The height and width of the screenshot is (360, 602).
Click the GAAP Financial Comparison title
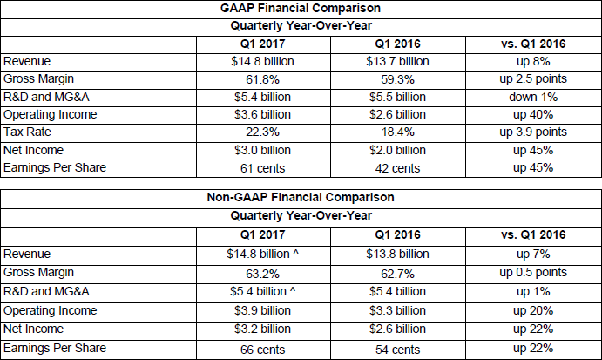(x=301, y=8)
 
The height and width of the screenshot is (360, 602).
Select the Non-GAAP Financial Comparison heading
(x=301, y=197)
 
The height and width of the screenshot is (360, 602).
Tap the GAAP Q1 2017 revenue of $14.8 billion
(x=262, y=62)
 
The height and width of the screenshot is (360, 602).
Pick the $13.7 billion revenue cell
(x=397, y=62)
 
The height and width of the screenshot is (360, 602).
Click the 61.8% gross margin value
(x=262, y=79)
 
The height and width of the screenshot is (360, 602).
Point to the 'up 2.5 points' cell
(x=533, y=79)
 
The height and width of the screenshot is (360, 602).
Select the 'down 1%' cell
(x=533, y=97)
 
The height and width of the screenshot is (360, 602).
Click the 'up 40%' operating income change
(x=533, y=115)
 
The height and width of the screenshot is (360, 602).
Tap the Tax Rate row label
(x=27, y=132)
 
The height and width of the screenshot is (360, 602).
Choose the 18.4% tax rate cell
(x=398, y=132)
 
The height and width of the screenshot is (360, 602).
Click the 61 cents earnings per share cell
(x=262, y=168)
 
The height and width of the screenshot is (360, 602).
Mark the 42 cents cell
(x=398, y=168)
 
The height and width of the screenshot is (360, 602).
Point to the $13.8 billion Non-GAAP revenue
(x=397, y=254)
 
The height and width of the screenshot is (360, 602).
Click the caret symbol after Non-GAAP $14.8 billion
(x=295, y=253)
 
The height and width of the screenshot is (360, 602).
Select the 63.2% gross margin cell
(x=262, y=274)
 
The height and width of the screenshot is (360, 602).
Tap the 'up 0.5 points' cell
(x=533, y=273)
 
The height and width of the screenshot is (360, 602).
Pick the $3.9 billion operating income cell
(x=262, y=310)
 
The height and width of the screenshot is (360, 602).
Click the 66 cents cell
(x=262, y=350)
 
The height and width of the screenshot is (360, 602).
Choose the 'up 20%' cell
(x=533, y=311)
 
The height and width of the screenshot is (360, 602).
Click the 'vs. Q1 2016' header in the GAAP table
(x=533, y=44)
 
